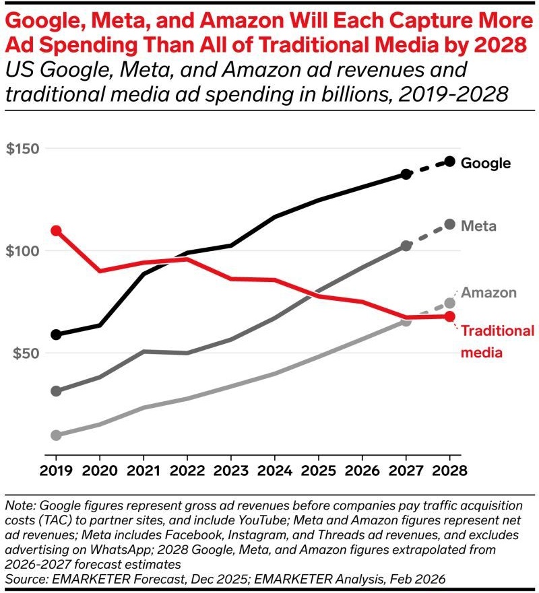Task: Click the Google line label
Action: pos(485,163)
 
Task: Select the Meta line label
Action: pos(478,226)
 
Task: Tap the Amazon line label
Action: pos(488,293)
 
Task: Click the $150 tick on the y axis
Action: pos(22,148)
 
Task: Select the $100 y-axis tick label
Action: pos(22,251)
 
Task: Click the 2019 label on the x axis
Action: pos(56,472)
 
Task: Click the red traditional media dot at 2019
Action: pos(56,231)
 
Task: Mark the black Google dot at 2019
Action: pos(56,335)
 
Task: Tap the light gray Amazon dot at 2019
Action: pos(56,435)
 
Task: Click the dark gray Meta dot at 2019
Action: pos(56,391)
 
